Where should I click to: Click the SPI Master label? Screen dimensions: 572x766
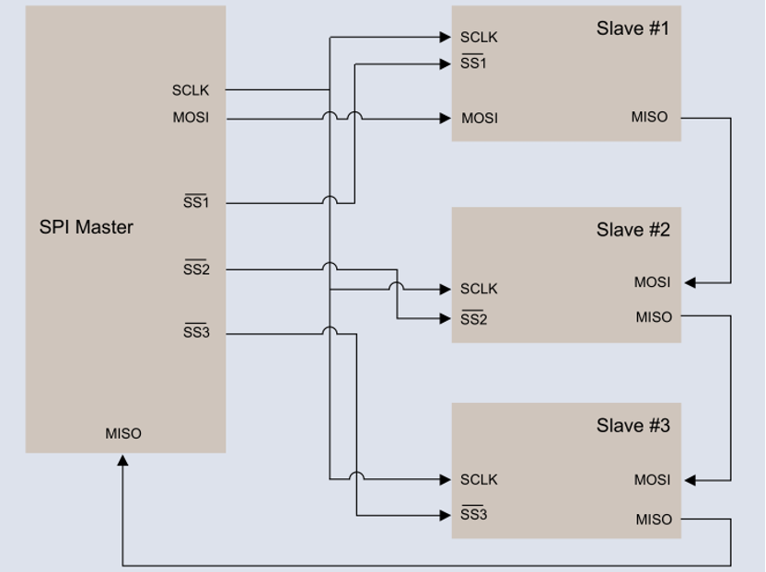pyautogui.click(x=86, y=227)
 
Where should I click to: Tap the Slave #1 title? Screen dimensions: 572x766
pyautogui.click(x=632, y=29)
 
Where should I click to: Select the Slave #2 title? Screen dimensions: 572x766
pyautogui.click(x=632, y=230)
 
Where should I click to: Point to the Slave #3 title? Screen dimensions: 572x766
pyautogui.click(x=632, y=426)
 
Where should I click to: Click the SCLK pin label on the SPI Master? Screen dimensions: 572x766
pyautogui.click(x=191, y=90)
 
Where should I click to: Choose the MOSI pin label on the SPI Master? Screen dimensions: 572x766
pyautogui.click(x=191, y=118)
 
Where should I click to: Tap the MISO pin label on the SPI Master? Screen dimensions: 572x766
pyautogui.click(x=123, y=434)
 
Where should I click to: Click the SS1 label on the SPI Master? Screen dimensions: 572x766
pyautogui.click(x=196, y=202)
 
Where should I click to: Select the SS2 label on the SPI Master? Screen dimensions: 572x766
pyautogui.click(x=196, y=269)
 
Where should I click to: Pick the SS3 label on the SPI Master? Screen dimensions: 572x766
pyautogui.click(x=196, y=333)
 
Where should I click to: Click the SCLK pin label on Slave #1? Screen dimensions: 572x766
pyautogui.click(x=479, y=38)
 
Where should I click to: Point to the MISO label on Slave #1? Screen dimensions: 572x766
pyautogui.click(x=649, y=117)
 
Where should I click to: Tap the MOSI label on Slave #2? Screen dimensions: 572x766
pyautogui.click(x=652, y=282)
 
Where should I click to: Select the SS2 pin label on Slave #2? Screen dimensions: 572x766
pyautogui.click(x=473, y=319)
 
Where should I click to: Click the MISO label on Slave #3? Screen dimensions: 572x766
pyautogui.click(x=654, y=520)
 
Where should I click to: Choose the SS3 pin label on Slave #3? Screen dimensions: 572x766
pyautogui.click(x=473, y=515)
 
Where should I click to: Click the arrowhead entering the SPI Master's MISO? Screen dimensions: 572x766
pyautogui.click(x=122, y=460)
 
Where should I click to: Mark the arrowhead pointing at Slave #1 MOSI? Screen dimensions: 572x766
pyautogui.click(x=445, y=119)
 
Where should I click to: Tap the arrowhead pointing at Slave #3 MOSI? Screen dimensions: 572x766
pyautogui.click(x=691, y=480)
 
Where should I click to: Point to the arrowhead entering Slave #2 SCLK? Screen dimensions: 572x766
pyautogui.click(x=445, y=290)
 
